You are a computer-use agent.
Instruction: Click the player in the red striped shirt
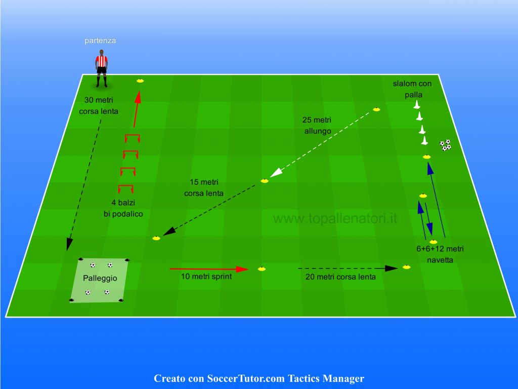point(101,68)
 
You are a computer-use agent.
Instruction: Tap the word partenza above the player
point(100,41)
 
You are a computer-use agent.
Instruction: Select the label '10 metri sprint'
point(206,277)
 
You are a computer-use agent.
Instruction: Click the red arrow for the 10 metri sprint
point(209,269)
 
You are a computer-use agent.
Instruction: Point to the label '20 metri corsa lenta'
point(340,277)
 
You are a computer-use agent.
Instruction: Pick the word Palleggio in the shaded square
point(100,278)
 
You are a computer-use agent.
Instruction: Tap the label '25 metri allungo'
point(317,126)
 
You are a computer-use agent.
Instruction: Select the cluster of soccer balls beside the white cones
point(445,145)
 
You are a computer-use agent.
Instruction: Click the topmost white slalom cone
point(417,104)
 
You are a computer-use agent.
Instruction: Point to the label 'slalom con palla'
point(413,89)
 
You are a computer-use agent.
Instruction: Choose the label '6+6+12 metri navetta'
point(440,254)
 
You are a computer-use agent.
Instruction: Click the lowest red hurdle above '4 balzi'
point(126,188)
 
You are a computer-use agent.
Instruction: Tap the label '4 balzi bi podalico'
point(123,208)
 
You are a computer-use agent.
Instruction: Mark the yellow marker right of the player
point(140,81)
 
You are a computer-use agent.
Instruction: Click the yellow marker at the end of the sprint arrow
point(262,269)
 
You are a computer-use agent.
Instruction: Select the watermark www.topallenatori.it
point(335,219)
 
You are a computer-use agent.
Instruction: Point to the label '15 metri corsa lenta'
point(204,187)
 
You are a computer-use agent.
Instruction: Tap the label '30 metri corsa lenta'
point(99,105)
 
